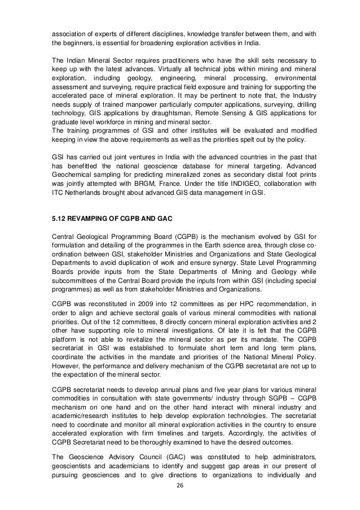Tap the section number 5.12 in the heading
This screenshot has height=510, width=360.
(x=59, y=217)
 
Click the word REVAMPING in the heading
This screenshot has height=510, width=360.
(x=90, y=217)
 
